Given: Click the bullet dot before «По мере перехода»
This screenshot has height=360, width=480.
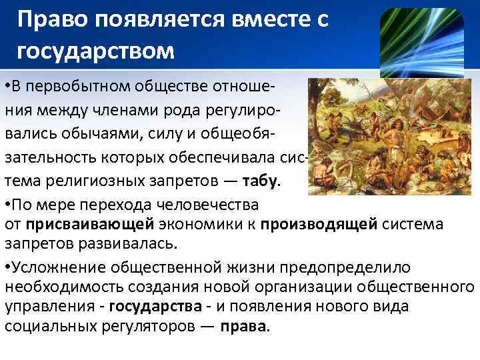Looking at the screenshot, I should (7, 204).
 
